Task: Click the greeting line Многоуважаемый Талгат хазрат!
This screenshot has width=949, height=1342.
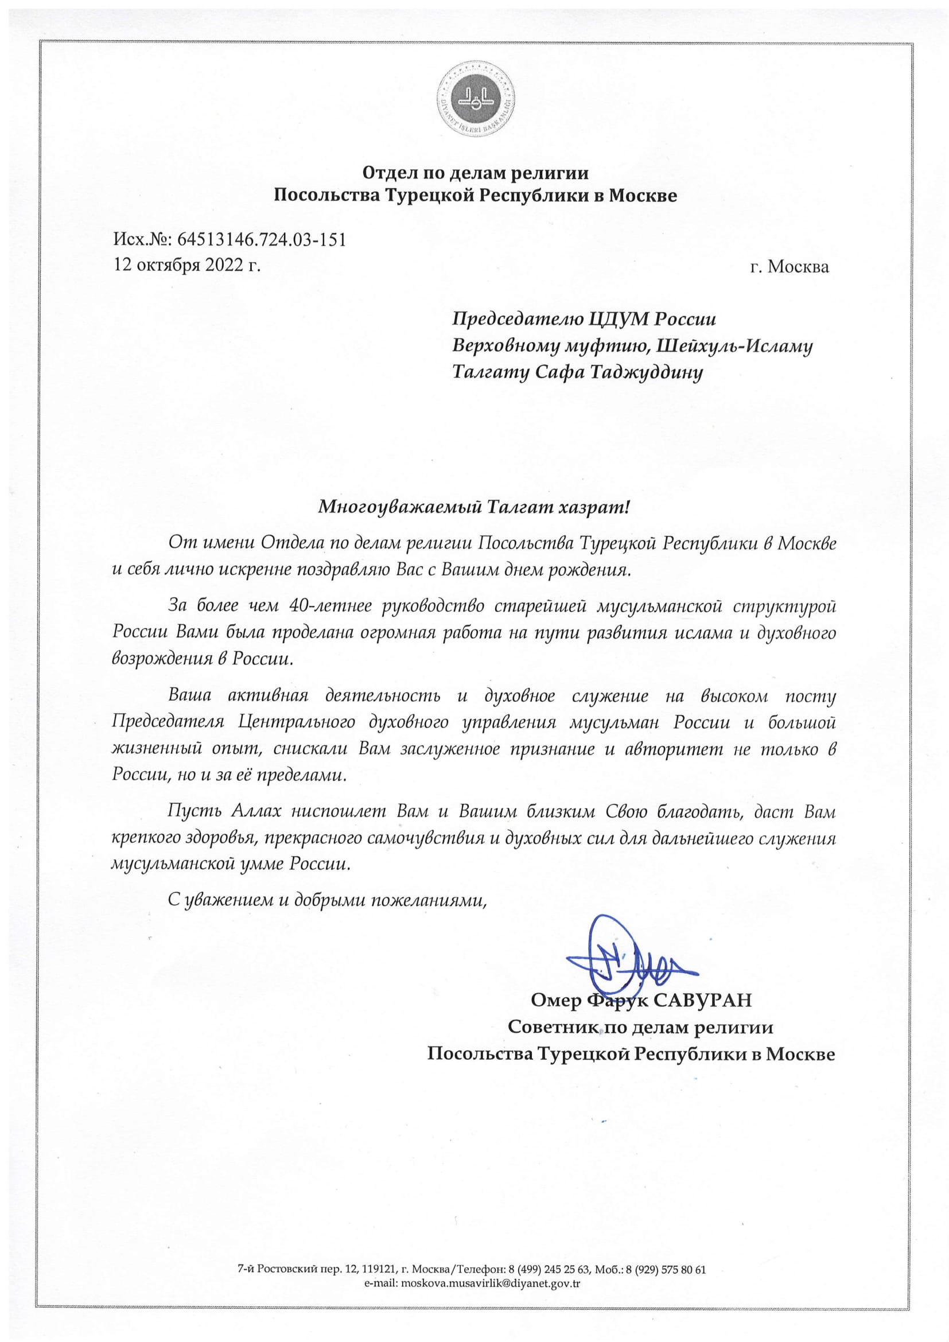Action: point(474,507)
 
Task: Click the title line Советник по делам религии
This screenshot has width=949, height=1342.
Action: point(640,1027)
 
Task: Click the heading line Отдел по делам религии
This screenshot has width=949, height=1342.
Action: point(475,173)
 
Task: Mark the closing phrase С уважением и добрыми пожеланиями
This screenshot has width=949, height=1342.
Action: point(327,900)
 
